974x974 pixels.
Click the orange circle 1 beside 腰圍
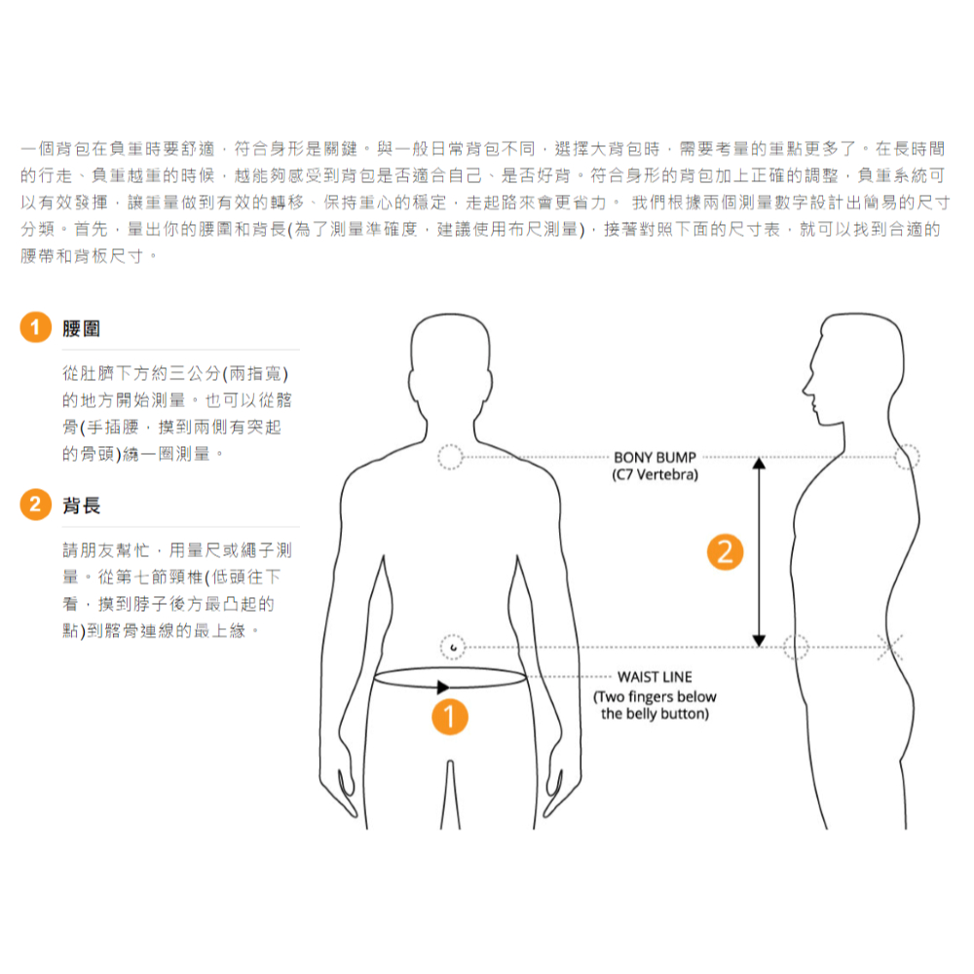[x=35, y=327]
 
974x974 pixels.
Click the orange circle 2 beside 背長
[x=35, y=505]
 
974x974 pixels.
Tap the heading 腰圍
[x=82, y=328]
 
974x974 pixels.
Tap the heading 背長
[x=82, y=506]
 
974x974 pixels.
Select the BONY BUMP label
[x=655, y=458]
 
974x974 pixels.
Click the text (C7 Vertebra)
[x=655, y=475]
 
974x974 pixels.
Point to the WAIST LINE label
[x=655, y=677]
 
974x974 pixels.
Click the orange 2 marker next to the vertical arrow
[x=725, y=551]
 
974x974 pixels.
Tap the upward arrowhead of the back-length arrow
[x=759, y=463]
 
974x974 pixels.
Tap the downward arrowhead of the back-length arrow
[x=759, y=641]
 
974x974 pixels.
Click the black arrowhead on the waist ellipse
[x=443, y=687]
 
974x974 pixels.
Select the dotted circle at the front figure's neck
[x=450, y=457]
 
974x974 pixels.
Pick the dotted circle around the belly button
[x=453, y=648]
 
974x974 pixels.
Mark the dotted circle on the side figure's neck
[x=907, y=457]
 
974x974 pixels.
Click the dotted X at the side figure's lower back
[x=890, y=648]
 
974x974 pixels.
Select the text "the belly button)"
[x=655, y=714]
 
